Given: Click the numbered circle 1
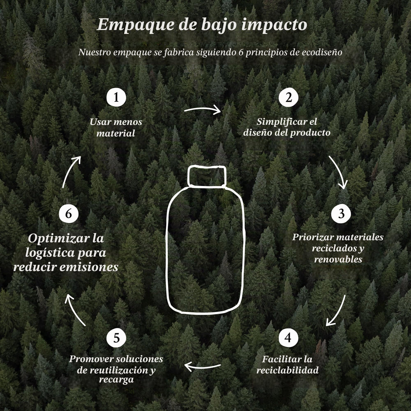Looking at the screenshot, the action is click(x=116, y=97).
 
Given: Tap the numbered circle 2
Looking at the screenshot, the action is click(x=288, y=97).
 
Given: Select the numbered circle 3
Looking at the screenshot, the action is click(x=341, y=213).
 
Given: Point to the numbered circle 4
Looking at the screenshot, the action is click(x=288, y=338).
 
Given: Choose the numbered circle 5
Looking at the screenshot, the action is click(x=116, y=338).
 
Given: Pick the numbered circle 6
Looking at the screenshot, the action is click(x=69, y=213).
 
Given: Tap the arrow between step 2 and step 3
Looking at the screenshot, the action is click(x=339, y=171).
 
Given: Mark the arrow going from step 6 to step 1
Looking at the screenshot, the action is click(x=71, y=171).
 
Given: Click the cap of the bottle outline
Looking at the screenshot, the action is click(x=207, y=176).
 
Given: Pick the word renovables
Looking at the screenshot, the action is click(x=338, y=259).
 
